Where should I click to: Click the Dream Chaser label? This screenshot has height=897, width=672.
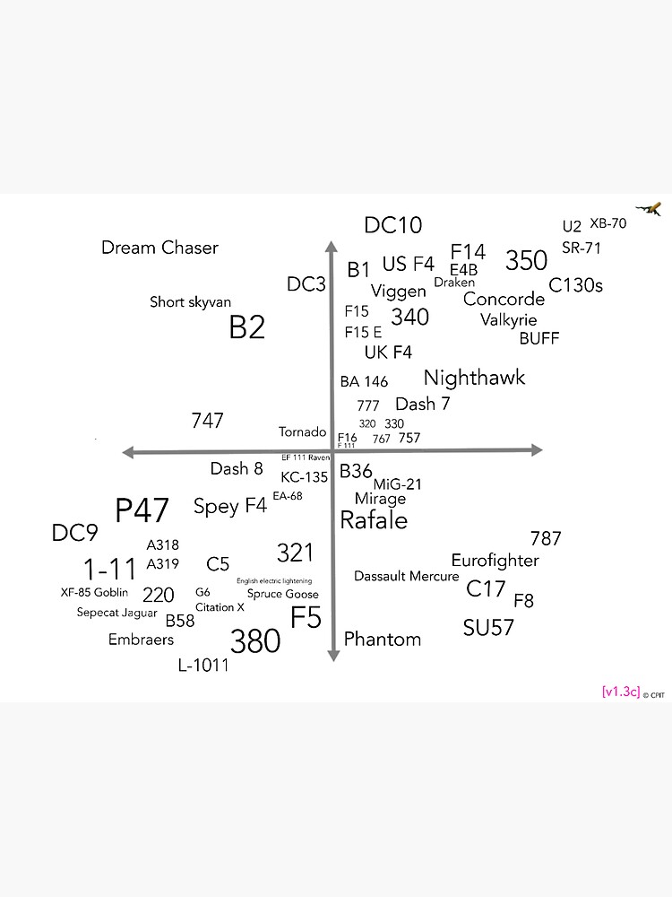click(x=159, y=248)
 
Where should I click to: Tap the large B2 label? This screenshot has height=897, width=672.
click(x=247, y=327)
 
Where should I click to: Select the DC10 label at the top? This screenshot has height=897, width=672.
click(x=392, y=225)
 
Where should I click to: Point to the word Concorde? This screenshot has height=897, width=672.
click(x=504, y=299)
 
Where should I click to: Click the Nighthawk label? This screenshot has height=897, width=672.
click(x=474, y=378)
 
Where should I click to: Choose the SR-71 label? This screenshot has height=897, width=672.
click(x=582, y=248)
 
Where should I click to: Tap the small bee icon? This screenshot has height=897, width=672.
click(x=654, y=209)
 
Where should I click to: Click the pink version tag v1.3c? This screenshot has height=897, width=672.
click(x=621, y=692)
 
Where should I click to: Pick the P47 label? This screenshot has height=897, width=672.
click(x=142, y=510)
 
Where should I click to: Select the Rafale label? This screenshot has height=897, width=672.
click(x=374, y=520)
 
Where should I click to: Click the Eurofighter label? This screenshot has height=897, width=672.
click(x=495, y=561)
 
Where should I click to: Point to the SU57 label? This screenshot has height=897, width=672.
click(x=488, y=628)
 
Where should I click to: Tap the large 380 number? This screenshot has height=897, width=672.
click(x=255, y=641)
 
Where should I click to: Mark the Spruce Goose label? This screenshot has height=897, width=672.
click(x=282, y=594)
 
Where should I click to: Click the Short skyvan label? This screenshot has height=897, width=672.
click(x=190, y=302)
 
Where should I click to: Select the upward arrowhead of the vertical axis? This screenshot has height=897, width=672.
click(x=332, y=248)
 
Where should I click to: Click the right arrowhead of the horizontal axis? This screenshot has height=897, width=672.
click(x=537, y=450)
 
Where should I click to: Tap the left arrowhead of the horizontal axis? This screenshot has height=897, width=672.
click(x=128, y=452)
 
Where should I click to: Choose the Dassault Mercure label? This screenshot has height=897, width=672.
click(x=406, y=576)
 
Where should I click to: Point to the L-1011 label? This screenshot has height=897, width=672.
click(x=203, y=666)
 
